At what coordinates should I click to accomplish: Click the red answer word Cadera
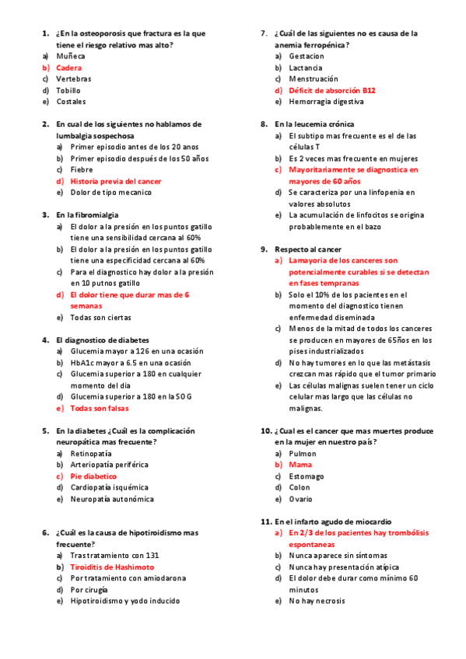[68, 68]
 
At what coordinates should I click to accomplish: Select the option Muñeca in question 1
[71, 56]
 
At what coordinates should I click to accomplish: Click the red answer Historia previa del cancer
[116, 181]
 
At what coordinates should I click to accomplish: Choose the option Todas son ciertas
[100, 317]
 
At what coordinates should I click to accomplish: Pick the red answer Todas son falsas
[100, 408]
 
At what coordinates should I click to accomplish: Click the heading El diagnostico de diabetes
[102, 340]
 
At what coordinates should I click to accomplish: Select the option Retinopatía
[90, 453]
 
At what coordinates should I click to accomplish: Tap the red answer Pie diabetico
[93, 476]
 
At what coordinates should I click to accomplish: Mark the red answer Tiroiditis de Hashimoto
[112, 567]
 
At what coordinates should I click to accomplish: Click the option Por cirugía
[89, 590]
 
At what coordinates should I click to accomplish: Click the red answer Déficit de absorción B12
[331, 90]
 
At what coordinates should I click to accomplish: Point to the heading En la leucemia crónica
[314, 124]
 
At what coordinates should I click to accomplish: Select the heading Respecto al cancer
[309, 249]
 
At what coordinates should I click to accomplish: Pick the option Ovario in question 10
[302, 499]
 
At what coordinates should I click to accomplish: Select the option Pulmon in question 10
[303, 453]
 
